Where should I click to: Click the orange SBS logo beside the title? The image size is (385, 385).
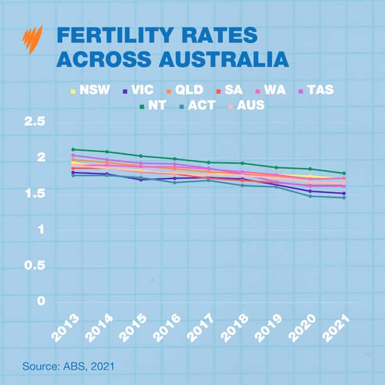click(x=32, y=40)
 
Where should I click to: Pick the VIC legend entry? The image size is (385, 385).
click(x=139, y=90)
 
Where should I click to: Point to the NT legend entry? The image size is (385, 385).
click(x=153, y=105)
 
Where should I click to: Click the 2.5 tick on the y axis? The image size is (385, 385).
click(x=35, y=121)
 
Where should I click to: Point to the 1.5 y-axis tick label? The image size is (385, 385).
click(x=35, y=193)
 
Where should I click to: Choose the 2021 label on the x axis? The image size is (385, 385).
click(x=336, y=329)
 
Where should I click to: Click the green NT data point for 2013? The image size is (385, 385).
click(x=73, y=150)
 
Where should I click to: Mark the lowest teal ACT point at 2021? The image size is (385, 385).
click(x=344, y=198)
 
